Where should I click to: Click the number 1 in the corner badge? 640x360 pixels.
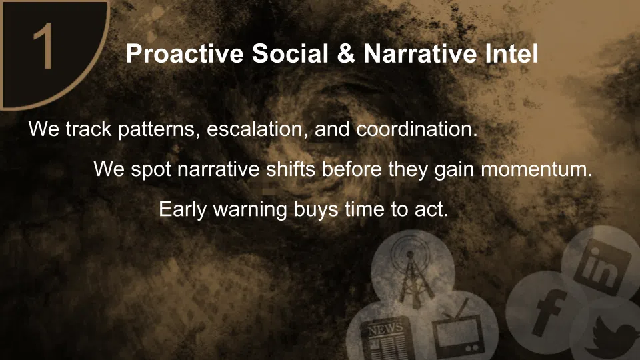pyautogui.click(x=43, y=45)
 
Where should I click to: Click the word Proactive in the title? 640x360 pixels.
pyautogui.click(x=185, y=53)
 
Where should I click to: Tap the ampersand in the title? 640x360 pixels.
pyautogui.click(x=346, y=53)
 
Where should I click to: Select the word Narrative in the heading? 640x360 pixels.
pyautogui.click(x=420, y=53)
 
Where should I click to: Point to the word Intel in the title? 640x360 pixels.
pyautogui.click(x=512, y=53)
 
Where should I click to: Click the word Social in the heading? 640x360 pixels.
pyautogui.click(x=290, y=53)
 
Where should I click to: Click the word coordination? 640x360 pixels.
pyautogui.click(x=417, y=129)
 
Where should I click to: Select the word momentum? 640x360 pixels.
pyautogui.click(x=537, y=169)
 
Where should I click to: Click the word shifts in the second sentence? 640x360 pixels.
pyautogui.click(x=291, y=169)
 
